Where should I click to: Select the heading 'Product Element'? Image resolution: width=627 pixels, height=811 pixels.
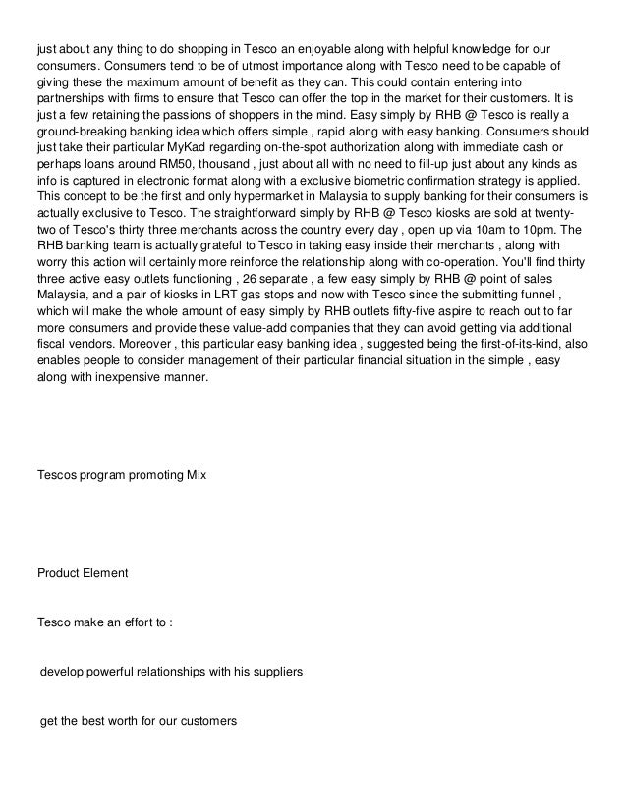[83, 572]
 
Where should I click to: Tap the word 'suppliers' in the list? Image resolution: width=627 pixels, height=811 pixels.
[275, 673]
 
